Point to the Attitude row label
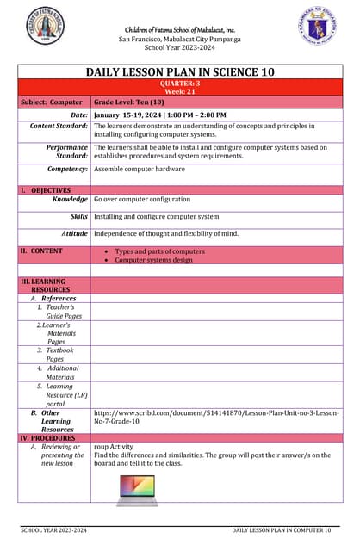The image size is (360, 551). coord(74,233)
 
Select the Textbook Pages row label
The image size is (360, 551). coord(59,355)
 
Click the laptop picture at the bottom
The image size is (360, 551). coord(135,491)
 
